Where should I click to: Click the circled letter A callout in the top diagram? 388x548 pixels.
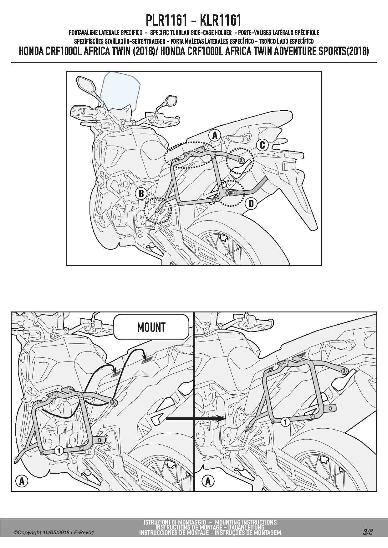[215, 136]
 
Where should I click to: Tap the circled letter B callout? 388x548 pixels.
[141, 194]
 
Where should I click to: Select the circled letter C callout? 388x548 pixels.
[262, 145]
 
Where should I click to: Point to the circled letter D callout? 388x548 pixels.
[251, 204]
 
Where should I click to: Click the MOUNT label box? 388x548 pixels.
[151, 327]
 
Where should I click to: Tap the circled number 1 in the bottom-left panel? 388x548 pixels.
[59, 451]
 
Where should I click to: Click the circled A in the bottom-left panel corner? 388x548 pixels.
[22, 481]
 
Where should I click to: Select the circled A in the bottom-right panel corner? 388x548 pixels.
[208, 481]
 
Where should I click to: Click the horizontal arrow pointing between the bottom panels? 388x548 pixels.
[196, 418]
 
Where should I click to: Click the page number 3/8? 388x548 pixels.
[368, 532]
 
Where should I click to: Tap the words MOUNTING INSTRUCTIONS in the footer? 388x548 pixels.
[246, 522]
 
